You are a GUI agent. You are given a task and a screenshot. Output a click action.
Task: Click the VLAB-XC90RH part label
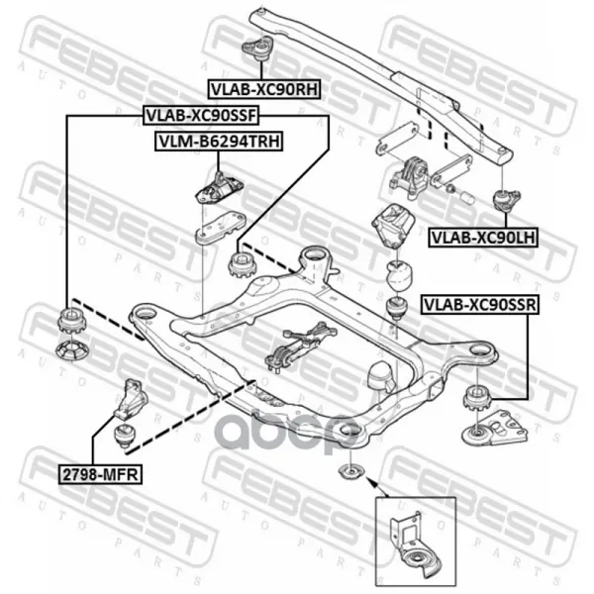click(264, 89)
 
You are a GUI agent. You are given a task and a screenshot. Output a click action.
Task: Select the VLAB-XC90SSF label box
click(201, 116)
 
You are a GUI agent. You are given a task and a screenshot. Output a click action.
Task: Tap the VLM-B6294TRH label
click(219, 142)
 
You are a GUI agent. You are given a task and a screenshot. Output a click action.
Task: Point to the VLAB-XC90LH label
click(483, 238)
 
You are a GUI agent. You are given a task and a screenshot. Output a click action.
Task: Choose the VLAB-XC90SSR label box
click(480, 305)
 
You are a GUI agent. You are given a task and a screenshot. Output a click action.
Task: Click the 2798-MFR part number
click(100, 474)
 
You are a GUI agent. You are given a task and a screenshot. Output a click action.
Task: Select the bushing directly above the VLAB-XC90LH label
click(506, 201)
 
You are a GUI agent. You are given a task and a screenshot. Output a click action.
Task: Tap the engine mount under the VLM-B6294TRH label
click(219, 187)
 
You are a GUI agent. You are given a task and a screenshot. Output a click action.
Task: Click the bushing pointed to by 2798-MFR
click(125, 436)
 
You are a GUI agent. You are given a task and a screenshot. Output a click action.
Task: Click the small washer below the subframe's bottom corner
click(350, 473)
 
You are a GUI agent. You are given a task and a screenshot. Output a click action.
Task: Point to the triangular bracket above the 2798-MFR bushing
click(131, 400)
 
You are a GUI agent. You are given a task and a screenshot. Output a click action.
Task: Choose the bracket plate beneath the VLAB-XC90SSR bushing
click(494, 428)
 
